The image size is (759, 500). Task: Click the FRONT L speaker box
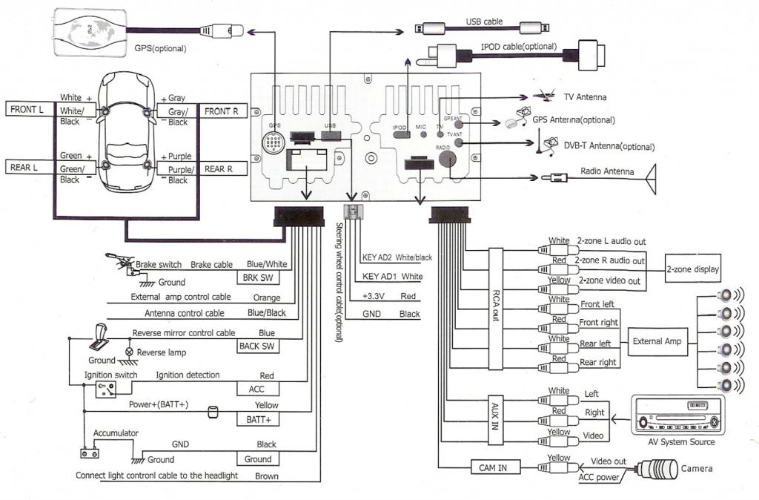pos(27,110)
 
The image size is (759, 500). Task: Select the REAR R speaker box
pos(220,169)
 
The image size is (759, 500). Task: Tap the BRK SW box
pos(256,277)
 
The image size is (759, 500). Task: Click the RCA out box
pos(495,306)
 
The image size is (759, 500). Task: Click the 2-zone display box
pos(692,269)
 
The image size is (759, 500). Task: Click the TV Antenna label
pos(585,97)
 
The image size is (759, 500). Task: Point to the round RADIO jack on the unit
pos(445,160)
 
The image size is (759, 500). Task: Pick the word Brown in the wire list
pos(266,476)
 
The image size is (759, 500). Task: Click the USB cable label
pos(483,22)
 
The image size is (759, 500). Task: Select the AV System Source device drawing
pos(675,415)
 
